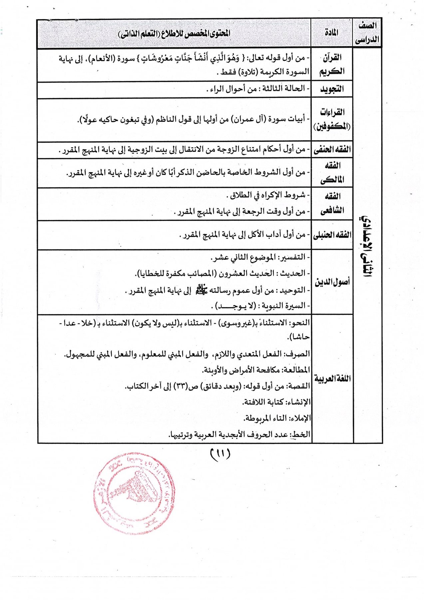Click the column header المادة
pyautogui.click(x=331, y=32)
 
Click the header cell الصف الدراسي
pyautogui.click(x=367, y=32)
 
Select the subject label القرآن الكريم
pyautogui.click(x=332, y=65)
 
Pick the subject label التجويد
pyautogui.click(x=332, y=89)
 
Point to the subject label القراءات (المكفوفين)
pyautogui.click(x=332, y=119)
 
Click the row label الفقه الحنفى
pyautogui.click(x=332, y=150)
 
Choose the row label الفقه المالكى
pyautogui.click(x=332, y=173)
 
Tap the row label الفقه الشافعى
pyautogui.click(x=332, y=203)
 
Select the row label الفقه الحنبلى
pyautogui.click(x=332, y=235)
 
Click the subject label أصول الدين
pyautogui.click(x=332, y=282)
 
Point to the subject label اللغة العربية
pyautogui.click(x=332, y=379)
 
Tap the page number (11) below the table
pyautogui.click(x=220, y=454)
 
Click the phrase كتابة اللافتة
pyautogui.click(x=263, y=402)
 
